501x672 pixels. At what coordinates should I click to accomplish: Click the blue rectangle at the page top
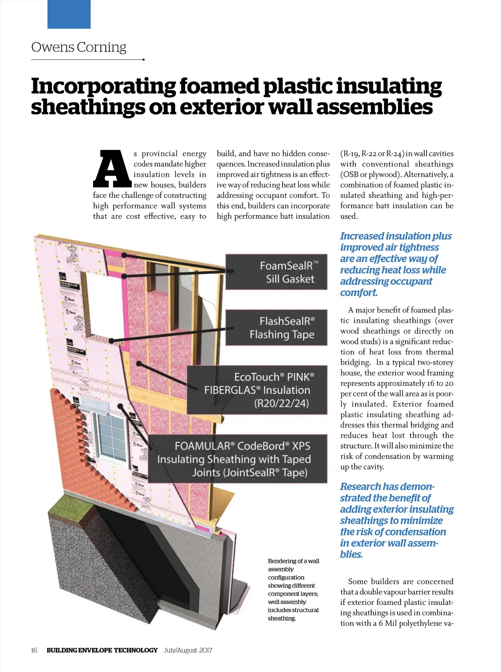coord(69,14)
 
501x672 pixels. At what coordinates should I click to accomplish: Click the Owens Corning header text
coord(79,48)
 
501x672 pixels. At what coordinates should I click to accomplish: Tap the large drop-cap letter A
coord(112,169)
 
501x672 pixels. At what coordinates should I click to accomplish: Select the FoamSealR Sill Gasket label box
coord(276,272)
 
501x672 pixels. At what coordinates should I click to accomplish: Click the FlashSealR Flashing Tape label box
coord(276,328)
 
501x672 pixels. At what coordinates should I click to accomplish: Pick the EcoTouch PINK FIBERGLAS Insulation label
coord(257,390)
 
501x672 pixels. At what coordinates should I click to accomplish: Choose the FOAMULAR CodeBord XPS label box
coord(238,459)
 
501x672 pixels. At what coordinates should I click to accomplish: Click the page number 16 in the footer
coord(34,650)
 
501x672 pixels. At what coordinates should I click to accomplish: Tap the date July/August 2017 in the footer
coord(188,650)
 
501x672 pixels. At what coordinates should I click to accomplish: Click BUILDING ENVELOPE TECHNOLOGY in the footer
coord(102,650)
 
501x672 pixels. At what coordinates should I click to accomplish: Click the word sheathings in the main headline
coord(88,107)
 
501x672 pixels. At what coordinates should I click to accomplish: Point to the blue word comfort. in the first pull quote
coord(358,293)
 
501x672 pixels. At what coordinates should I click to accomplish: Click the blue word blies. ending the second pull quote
coord(351,554)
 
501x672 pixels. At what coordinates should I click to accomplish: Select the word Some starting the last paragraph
coord(357,581)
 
